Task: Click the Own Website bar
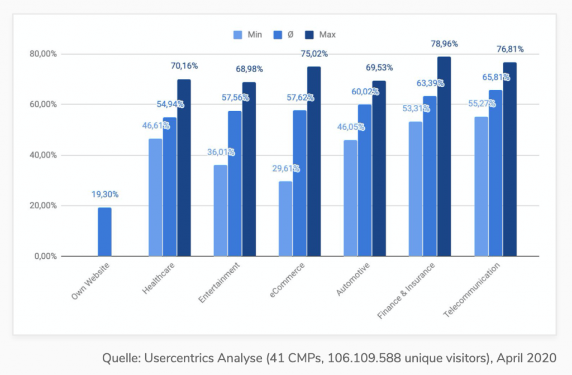[104, 232]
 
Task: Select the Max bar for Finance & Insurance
[444, 156]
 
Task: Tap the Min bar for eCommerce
[286, 219]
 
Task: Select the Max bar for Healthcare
[184, 168]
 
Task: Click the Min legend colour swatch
[237, 35]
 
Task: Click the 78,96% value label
[445, 42]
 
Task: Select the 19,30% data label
[105, 194]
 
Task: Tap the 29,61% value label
[286, 168]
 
